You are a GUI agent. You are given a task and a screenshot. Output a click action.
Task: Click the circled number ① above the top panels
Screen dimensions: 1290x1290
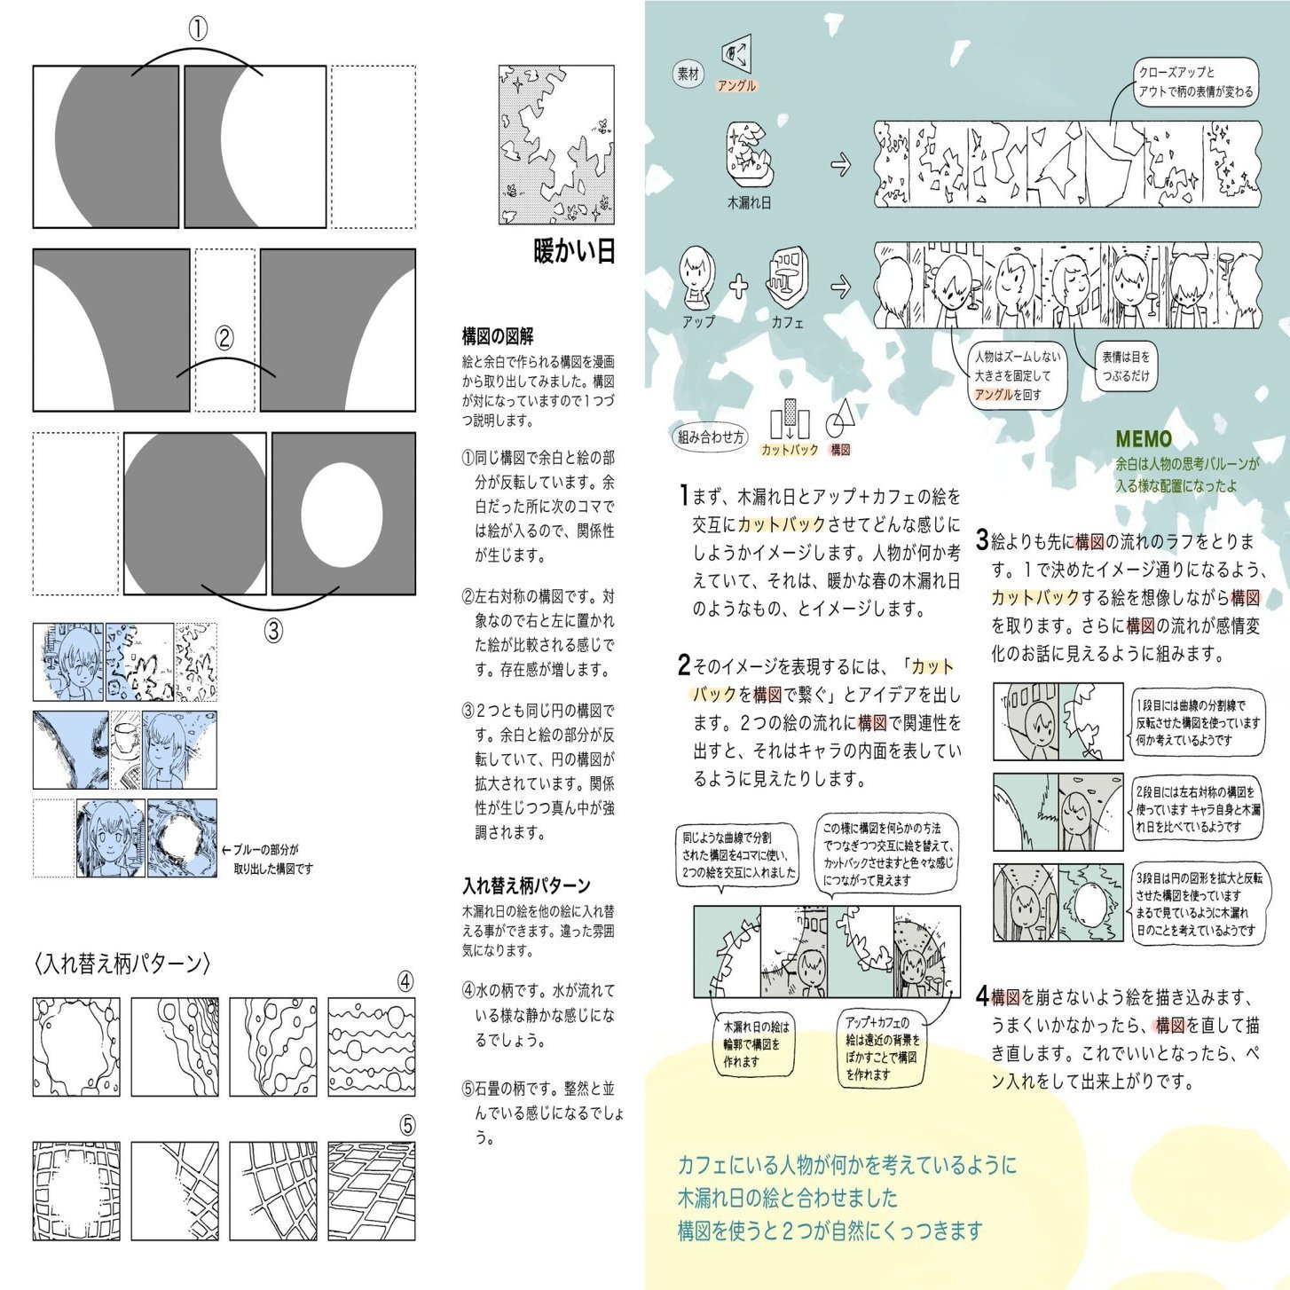tap(198, 29)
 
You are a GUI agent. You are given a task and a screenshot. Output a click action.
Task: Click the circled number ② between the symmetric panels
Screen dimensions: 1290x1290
tap(224, 338)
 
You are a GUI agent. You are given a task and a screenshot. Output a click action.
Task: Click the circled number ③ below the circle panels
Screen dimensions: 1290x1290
tap(273, 631)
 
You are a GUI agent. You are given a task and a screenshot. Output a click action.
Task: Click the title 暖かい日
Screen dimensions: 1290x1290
tap(574, 251)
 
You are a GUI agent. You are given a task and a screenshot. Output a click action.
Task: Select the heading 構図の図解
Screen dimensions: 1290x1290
tap(498, 336)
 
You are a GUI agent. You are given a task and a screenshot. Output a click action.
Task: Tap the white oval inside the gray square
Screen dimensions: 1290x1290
tap(342, 515)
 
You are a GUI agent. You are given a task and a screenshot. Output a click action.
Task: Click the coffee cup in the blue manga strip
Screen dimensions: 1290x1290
tap(125, 738)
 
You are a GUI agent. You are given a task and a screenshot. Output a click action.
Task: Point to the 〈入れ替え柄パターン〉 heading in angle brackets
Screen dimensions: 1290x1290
tap(122, 964)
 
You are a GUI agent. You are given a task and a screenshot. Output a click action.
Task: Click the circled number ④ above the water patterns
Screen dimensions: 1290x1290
tap(405, 981)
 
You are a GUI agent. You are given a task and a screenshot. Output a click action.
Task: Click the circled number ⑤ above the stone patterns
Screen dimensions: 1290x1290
tap(406, 1126)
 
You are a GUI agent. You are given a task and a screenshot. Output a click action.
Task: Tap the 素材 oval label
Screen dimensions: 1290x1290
tap(688, 75)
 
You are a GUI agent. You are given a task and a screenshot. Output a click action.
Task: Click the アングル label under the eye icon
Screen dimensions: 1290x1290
tap(736, 86)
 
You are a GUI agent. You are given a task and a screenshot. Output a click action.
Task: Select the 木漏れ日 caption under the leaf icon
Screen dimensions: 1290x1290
tap(749, 202)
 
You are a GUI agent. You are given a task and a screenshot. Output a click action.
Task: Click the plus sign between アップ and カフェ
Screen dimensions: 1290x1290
tap(738, 286)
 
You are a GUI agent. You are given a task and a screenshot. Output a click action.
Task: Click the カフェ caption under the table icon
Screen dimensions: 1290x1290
tap(787, 322)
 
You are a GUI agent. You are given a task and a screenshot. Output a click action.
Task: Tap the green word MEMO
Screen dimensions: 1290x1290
tap(1144, 439)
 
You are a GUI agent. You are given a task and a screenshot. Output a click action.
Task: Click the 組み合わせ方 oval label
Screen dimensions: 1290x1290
tap(711, 437)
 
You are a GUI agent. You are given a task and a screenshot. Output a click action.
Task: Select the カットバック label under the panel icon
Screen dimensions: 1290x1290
tap(790, 450)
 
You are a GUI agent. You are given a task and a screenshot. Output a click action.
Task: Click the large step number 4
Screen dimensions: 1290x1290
tap(982, 996)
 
